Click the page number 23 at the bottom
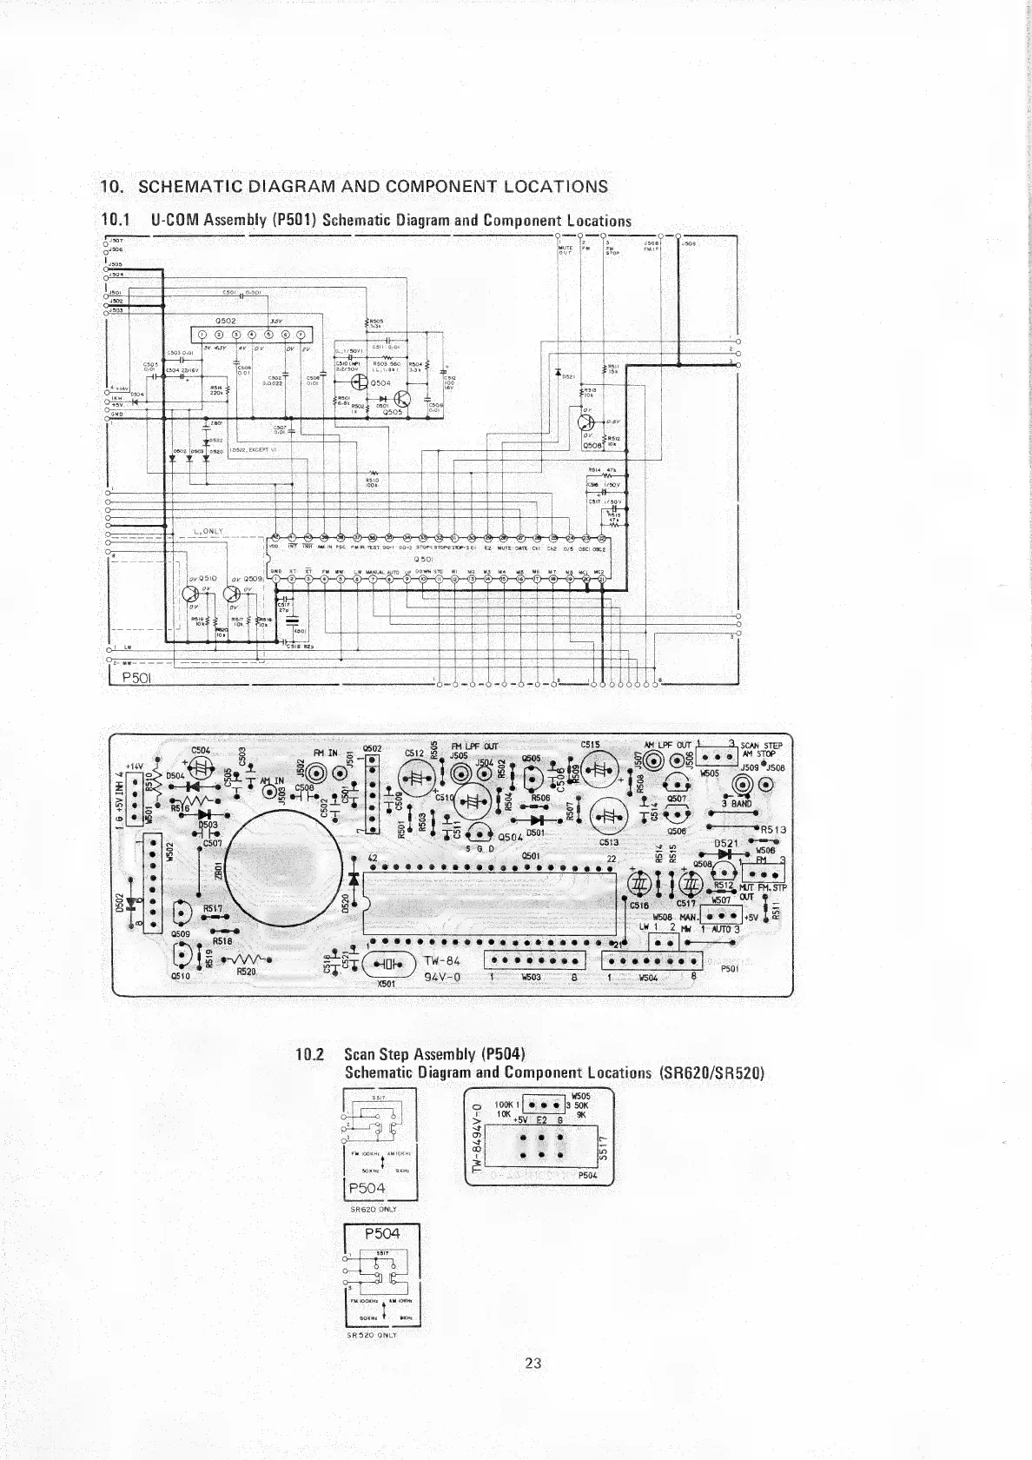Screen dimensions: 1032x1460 point(533,1362)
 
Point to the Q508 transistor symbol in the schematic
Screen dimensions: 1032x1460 point(587,423)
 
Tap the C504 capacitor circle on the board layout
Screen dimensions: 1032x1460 point(202,767)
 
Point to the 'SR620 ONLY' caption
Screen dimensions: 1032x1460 point(373,1209)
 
